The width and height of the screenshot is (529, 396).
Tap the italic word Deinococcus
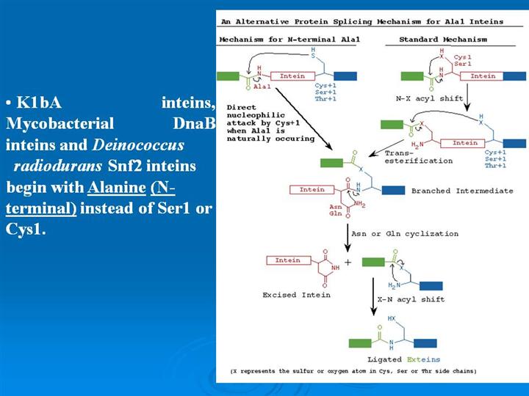pyautogui.click(x=137, y=144)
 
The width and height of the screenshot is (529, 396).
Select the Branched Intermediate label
pyautogui.click(x=461, y=191)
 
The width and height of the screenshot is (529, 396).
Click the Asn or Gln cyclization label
pyautogui.click(x=404, y=234)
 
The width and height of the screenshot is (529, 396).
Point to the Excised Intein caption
pyautogui.click(x=296, y=295)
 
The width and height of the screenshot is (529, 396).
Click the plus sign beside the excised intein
pyautogui.click(x=348, y=261)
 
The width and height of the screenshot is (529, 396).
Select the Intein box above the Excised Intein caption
pyautogui.click(x=287, y=260)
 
